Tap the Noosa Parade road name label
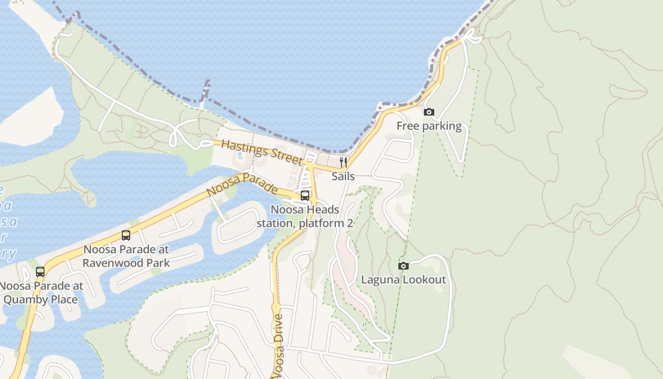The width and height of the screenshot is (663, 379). pos(242,185)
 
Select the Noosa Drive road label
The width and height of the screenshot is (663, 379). pos(279,345)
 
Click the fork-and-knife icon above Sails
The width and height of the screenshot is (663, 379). pos(343,162)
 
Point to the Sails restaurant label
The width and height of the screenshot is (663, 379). pos(343,176)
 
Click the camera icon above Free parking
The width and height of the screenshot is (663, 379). pos(429,112)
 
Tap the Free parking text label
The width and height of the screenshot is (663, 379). pos(429,126)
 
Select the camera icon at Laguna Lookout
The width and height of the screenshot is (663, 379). pos(403,266)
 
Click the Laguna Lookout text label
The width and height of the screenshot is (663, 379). pos(403,280)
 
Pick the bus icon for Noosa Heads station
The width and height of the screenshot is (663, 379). pos(305,195)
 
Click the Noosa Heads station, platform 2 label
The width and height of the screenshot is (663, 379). pos(305,216)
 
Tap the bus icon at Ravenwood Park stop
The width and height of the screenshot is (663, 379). pos(126,235)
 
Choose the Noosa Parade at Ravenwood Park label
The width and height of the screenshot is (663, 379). pos(126,256)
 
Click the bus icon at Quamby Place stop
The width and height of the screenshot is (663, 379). pos(40,271)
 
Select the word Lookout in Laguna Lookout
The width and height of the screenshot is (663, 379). pos(425,280)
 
